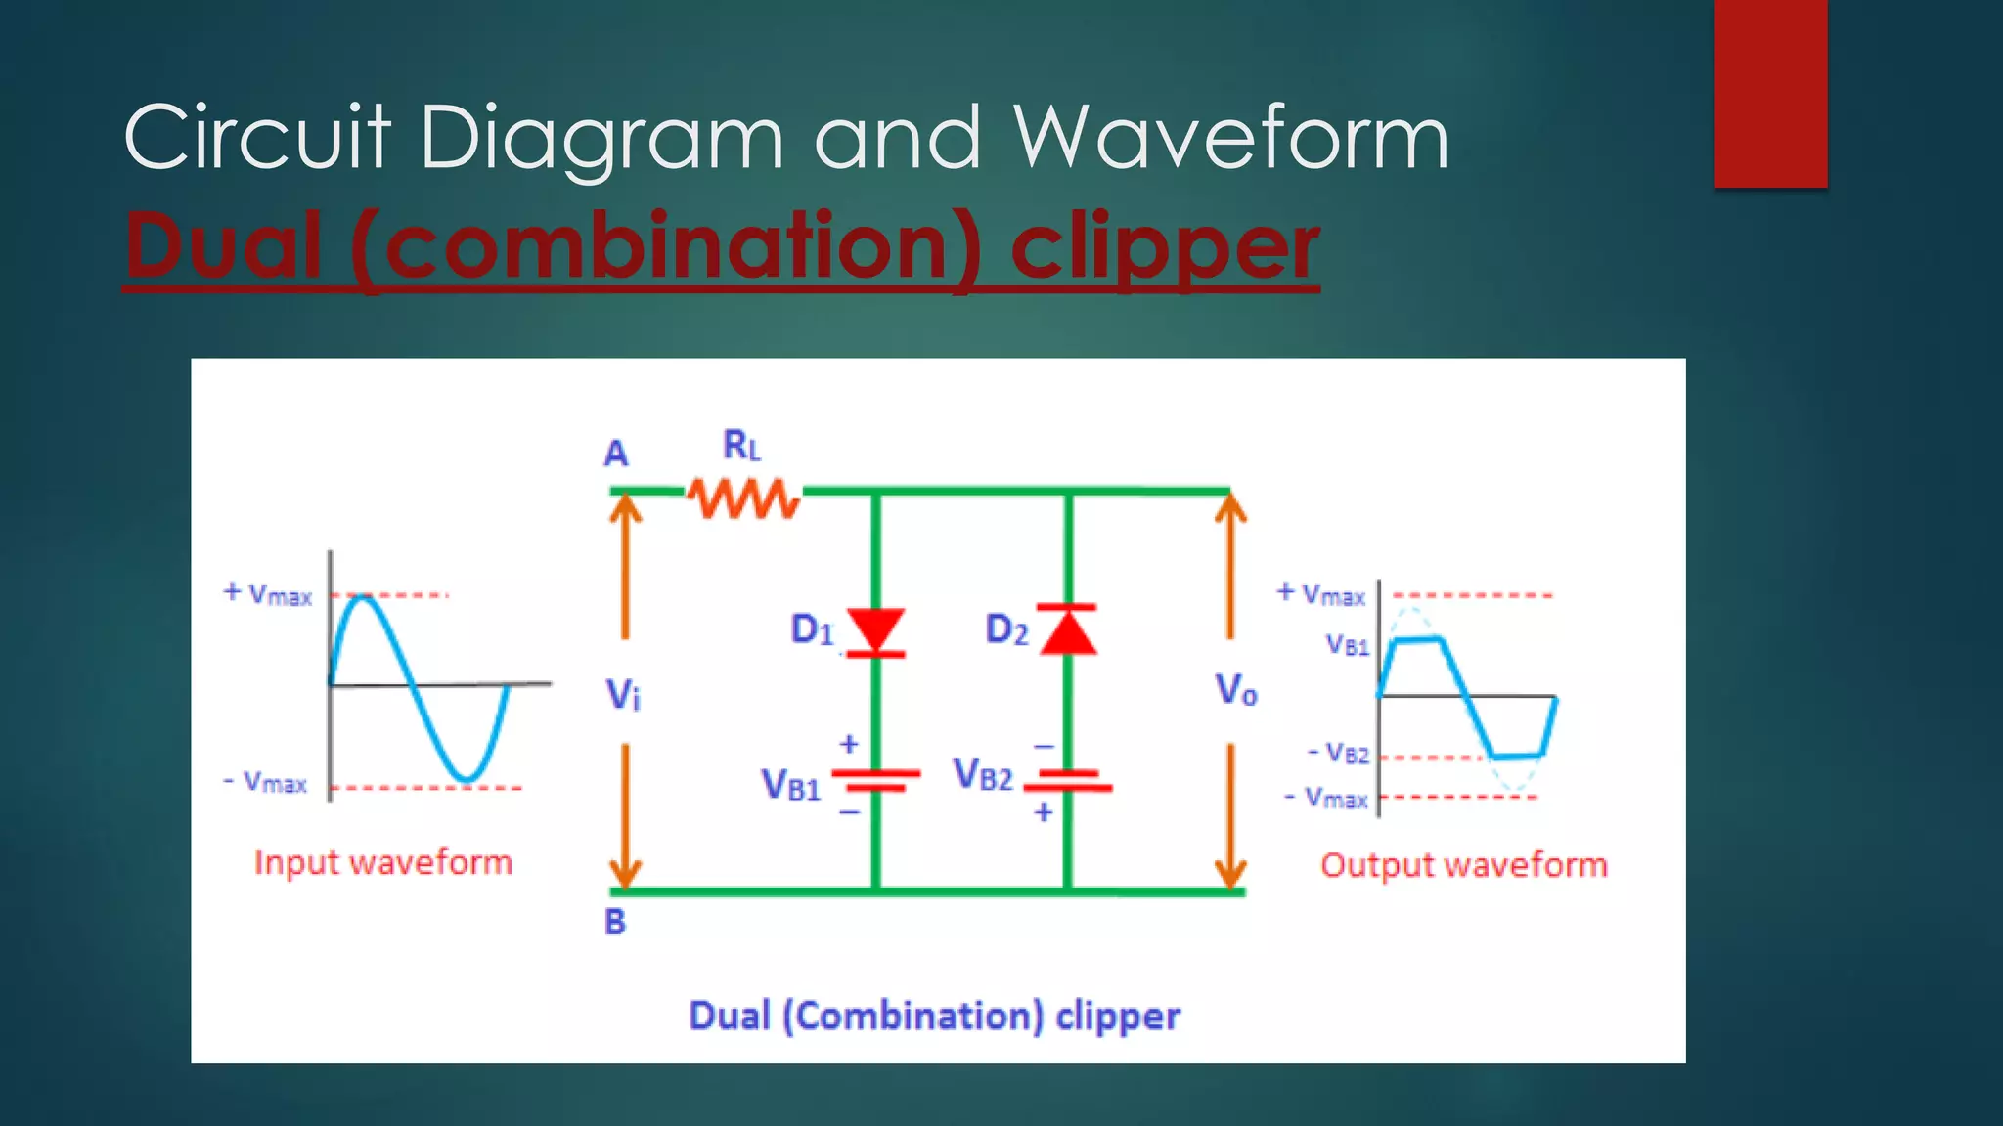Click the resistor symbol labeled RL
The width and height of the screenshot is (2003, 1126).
pyautogui.click(x=743, y=498)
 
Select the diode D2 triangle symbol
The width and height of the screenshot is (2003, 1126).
pyautogui.click(x=1068, y=630)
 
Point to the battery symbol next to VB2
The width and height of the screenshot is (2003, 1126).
pyautogui.click(x=1073, y=780)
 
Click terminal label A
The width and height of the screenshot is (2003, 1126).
pyautogui.click(x=615, y=454)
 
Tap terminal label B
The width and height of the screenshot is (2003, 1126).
pyautogui.click(x=614, y=921)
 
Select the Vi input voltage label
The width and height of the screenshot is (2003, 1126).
pyautogui.click(x=623, y=695)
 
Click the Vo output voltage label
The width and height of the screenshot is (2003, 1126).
pyautogui.click(x=1236, y=690)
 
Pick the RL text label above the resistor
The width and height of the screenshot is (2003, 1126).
pyautogui.click(x=741, y=446)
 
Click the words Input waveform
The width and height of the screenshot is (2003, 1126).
pyautogui.click(x=383, y=862)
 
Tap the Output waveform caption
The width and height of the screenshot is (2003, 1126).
pyautogui.click(x=1463, y=865)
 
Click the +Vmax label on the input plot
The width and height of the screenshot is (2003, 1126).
pyautogui.click(x=267, y=593)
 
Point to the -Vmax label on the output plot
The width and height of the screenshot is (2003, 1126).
pyautogui.click(x=1325, y=798)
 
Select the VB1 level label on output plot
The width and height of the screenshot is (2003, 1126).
pyautogui.click(x=1347, y=645)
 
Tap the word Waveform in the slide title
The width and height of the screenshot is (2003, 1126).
pyautogui.click(x=1229, y=138)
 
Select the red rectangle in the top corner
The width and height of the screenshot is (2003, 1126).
pyautogui.click(x=1770, y=93)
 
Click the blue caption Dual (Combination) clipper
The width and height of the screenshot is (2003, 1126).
pyautogui.click(x=934, y=1016)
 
